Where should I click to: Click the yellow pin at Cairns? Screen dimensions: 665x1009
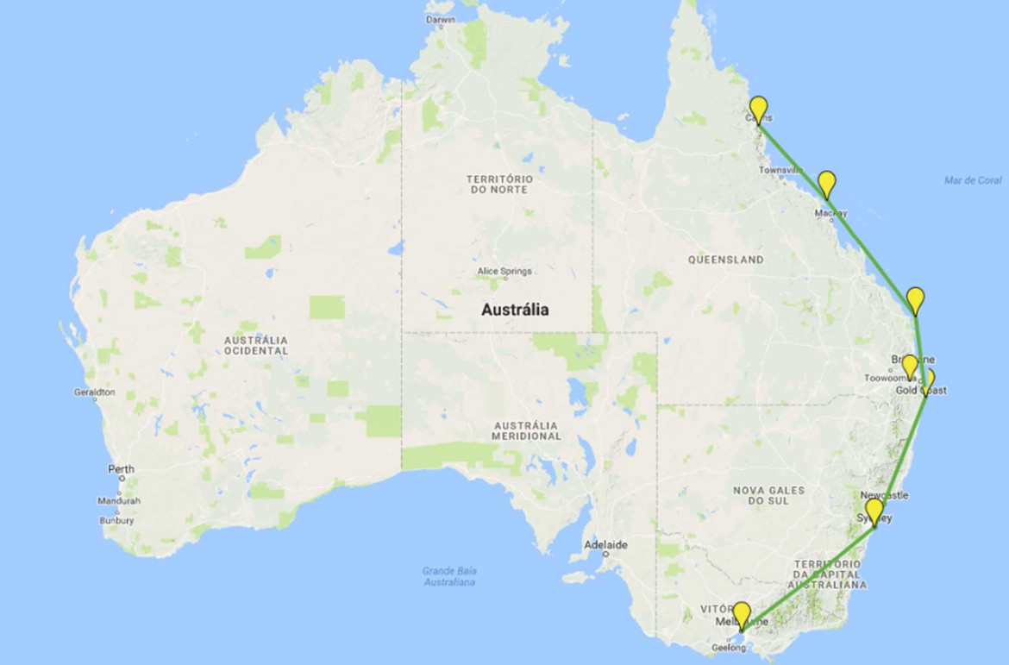tap(758, 108)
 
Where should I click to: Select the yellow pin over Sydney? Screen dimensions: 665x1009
tap(874, 511)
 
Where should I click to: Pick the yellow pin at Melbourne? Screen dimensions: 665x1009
tap(741, 614)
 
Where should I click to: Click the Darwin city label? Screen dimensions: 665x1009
tap(440, 19)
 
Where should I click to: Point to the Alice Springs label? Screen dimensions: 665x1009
tap(504, 271)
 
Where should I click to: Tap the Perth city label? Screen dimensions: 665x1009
tap(121, 469)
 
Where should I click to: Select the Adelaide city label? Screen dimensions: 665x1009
tap(605, 545)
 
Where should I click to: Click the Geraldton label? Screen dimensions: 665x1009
tap(95, 392)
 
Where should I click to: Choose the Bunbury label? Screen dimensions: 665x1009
tap(116, 521)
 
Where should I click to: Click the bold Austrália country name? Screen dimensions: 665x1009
tap(515, 310)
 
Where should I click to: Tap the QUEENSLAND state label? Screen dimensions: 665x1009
tap(725, 260)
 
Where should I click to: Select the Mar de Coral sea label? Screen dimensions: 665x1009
tap(973, 180)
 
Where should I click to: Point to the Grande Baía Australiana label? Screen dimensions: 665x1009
tap(449, 576)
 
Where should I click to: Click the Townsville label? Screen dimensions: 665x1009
tap(781, 171)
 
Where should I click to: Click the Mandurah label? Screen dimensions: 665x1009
tap(119, 500)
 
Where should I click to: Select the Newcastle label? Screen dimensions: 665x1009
tap(884, 496)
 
